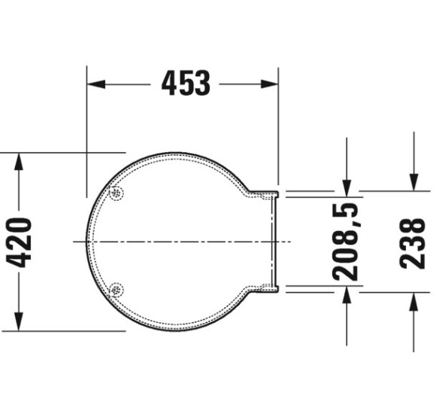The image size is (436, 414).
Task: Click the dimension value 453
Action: pos(185,83)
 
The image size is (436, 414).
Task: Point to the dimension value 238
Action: pos(413,242)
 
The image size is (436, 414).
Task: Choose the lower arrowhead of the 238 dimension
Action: pos(413,302)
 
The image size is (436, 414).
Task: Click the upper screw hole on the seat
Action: pos(115,193)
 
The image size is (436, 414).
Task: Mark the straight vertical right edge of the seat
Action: pos(274,241)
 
